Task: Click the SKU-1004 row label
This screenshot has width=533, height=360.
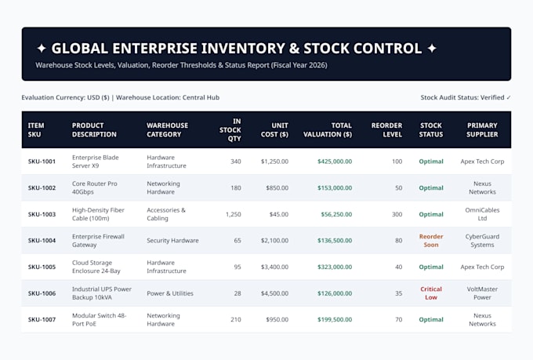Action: tap(42, 241)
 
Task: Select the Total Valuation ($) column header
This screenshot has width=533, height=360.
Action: tap(328, 130)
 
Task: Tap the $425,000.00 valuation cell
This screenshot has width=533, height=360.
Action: tap(335, 162)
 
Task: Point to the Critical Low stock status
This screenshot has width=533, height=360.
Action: tap(431, 293)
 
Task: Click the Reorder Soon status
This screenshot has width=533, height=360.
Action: tap(431, 241)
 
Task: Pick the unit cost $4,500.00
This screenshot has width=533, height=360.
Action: tap(274, 293)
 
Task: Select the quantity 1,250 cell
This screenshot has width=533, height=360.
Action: tap(234, 214)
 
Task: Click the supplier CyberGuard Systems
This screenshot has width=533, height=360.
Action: tap(482, 241)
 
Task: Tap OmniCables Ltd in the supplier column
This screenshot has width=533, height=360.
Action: tap(482, 214)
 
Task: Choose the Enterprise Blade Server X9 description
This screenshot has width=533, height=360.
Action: tap(96, 162)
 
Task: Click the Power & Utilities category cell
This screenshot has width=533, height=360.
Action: tap(170, 293)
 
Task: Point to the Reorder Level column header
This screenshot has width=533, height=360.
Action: tap(386, 130)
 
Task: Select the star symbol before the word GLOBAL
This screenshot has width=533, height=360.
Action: tap(42, 49)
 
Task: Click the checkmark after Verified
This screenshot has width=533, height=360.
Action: tap(509, 98)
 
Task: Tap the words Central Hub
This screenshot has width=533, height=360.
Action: tap(201, 98)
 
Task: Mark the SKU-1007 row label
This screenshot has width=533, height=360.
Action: tap(42, 319)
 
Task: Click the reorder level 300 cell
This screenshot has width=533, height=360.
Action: tap(397, 214)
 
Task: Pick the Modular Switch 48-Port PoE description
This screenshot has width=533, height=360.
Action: tap(99, 319)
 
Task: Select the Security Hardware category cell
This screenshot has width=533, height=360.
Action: tap(172, 241)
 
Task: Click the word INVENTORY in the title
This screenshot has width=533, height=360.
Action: tap(243, 49)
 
